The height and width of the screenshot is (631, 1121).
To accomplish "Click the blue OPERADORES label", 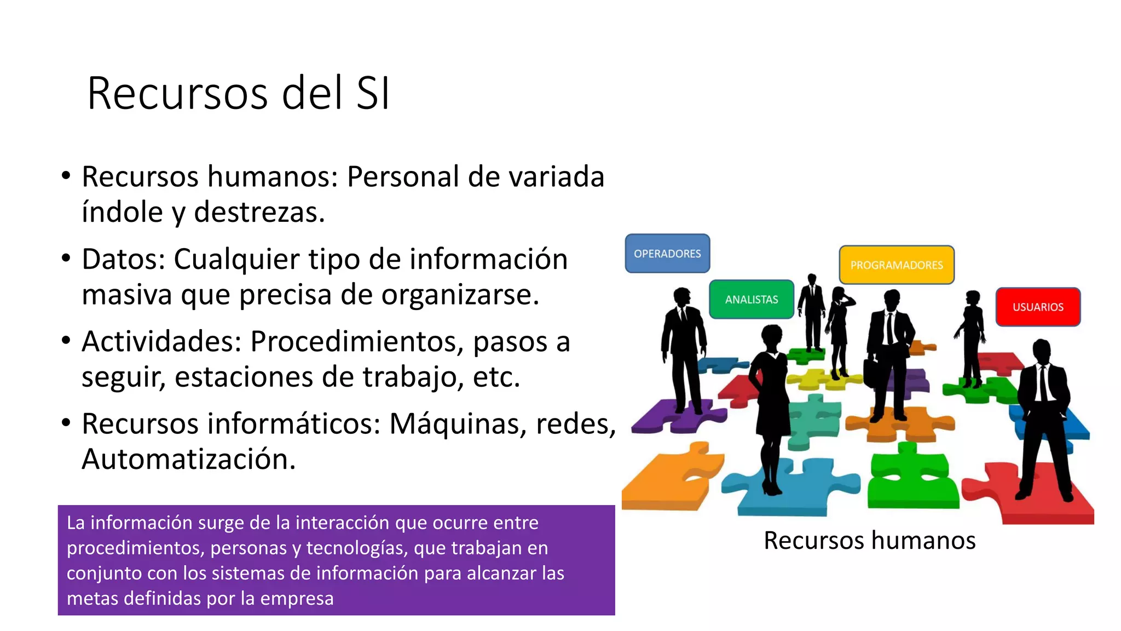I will [x=667, y=254].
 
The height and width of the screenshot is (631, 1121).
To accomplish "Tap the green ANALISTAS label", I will [x=752, y=300].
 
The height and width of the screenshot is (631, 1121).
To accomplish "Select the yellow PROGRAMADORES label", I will [x=897, y=265].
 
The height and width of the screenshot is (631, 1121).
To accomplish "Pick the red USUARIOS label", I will [x=1038, y=307].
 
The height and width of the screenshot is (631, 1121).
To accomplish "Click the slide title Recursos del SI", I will [x=239, y=93].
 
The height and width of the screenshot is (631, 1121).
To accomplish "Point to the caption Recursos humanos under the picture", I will [x=869, y=540].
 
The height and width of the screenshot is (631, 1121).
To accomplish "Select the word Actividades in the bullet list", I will [x=161, y=341].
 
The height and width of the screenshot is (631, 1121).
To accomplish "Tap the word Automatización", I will [x=188, y=459].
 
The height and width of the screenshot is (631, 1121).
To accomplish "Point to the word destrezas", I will [x=259, y=213].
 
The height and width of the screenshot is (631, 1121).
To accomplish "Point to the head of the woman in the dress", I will [x=772, y=335].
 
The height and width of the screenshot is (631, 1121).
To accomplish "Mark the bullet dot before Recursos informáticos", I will [x=66, y=423].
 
